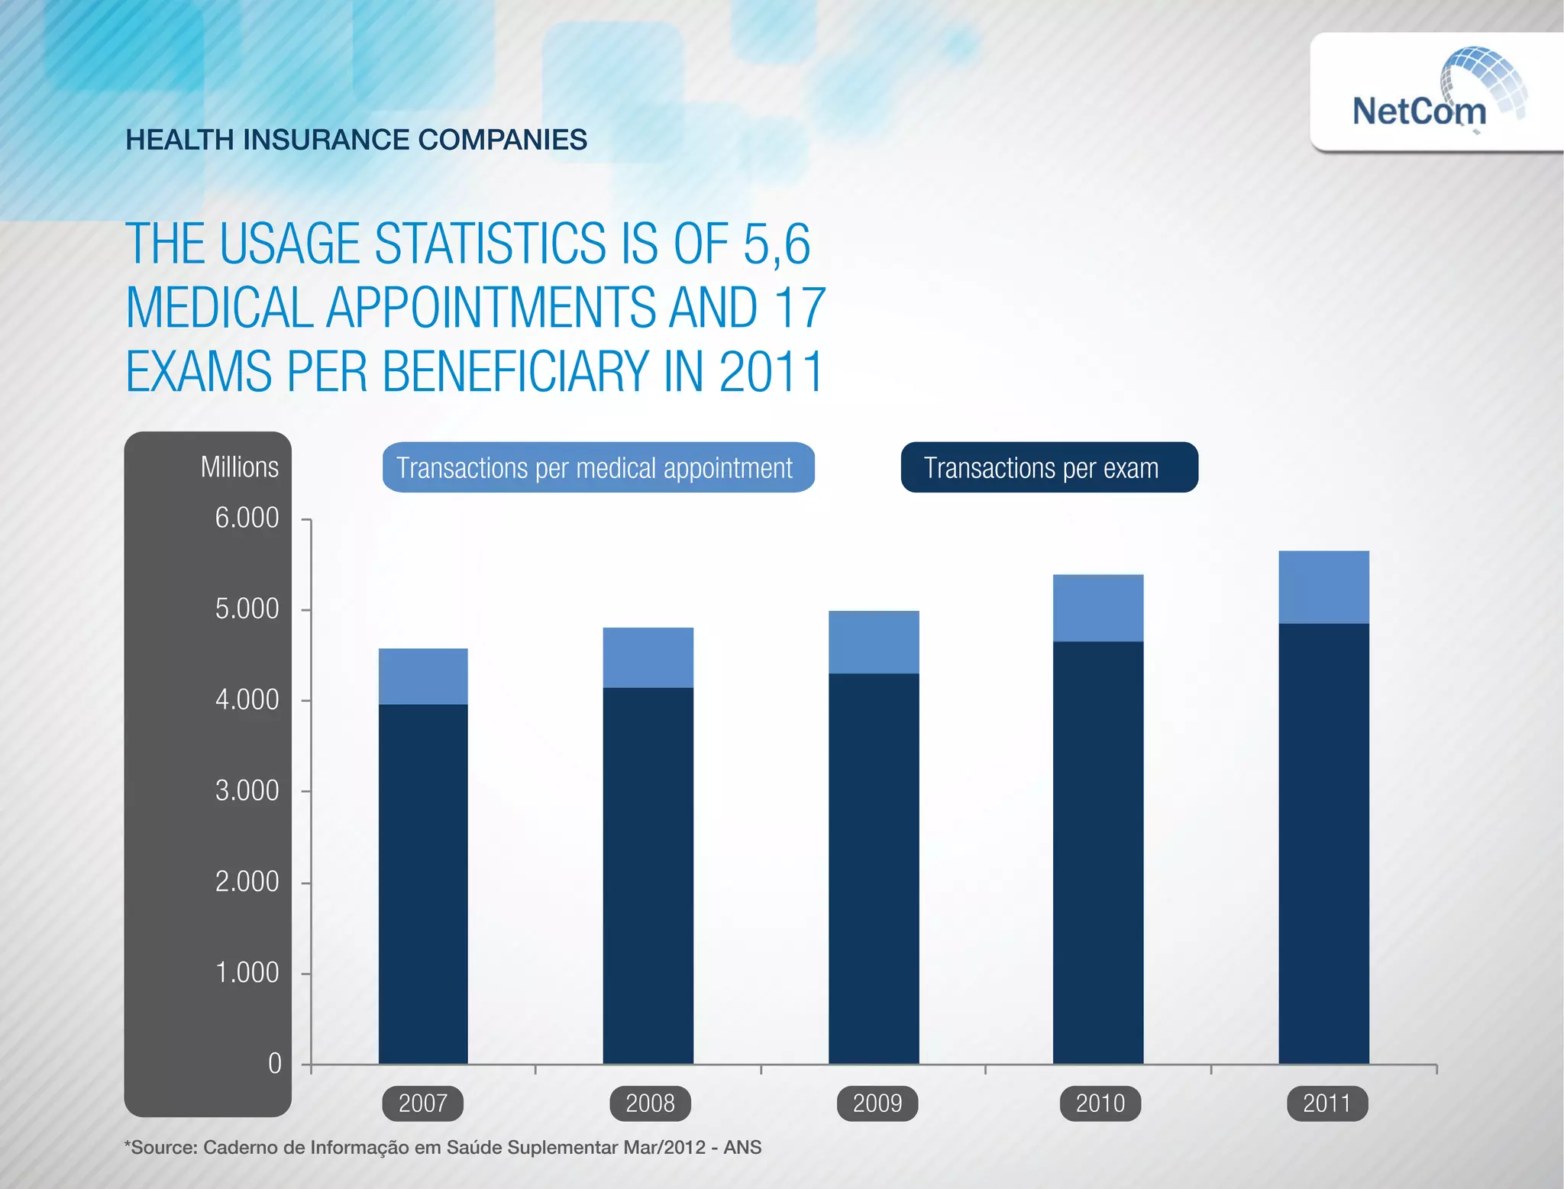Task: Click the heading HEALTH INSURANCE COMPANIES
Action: [356, 140]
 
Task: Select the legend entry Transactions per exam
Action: [1048, 467]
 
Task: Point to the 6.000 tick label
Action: [246, 518]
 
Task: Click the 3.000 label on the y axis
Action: [246, 790]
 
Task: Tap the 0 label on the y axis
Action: [275, 1063]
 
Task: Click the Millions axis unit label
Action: [239, 467]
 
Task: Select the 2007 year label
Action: [422, 1103]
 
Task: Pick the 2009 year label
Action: [877, 1103]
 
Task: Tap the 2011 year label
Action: [1326, 1103]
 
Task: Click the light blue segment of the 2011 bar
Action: [1323, 587]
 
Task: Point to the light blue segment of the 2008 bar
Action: [648, 658]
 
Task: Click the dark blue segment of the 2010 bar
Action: [1097, 851]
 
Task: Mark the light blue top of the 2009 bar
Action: [873, 641]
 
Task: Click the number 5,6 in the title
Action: [776, 244]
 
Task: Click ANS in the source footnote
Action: [742, 1148]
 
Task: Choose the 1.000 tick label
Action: [246, 973]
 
